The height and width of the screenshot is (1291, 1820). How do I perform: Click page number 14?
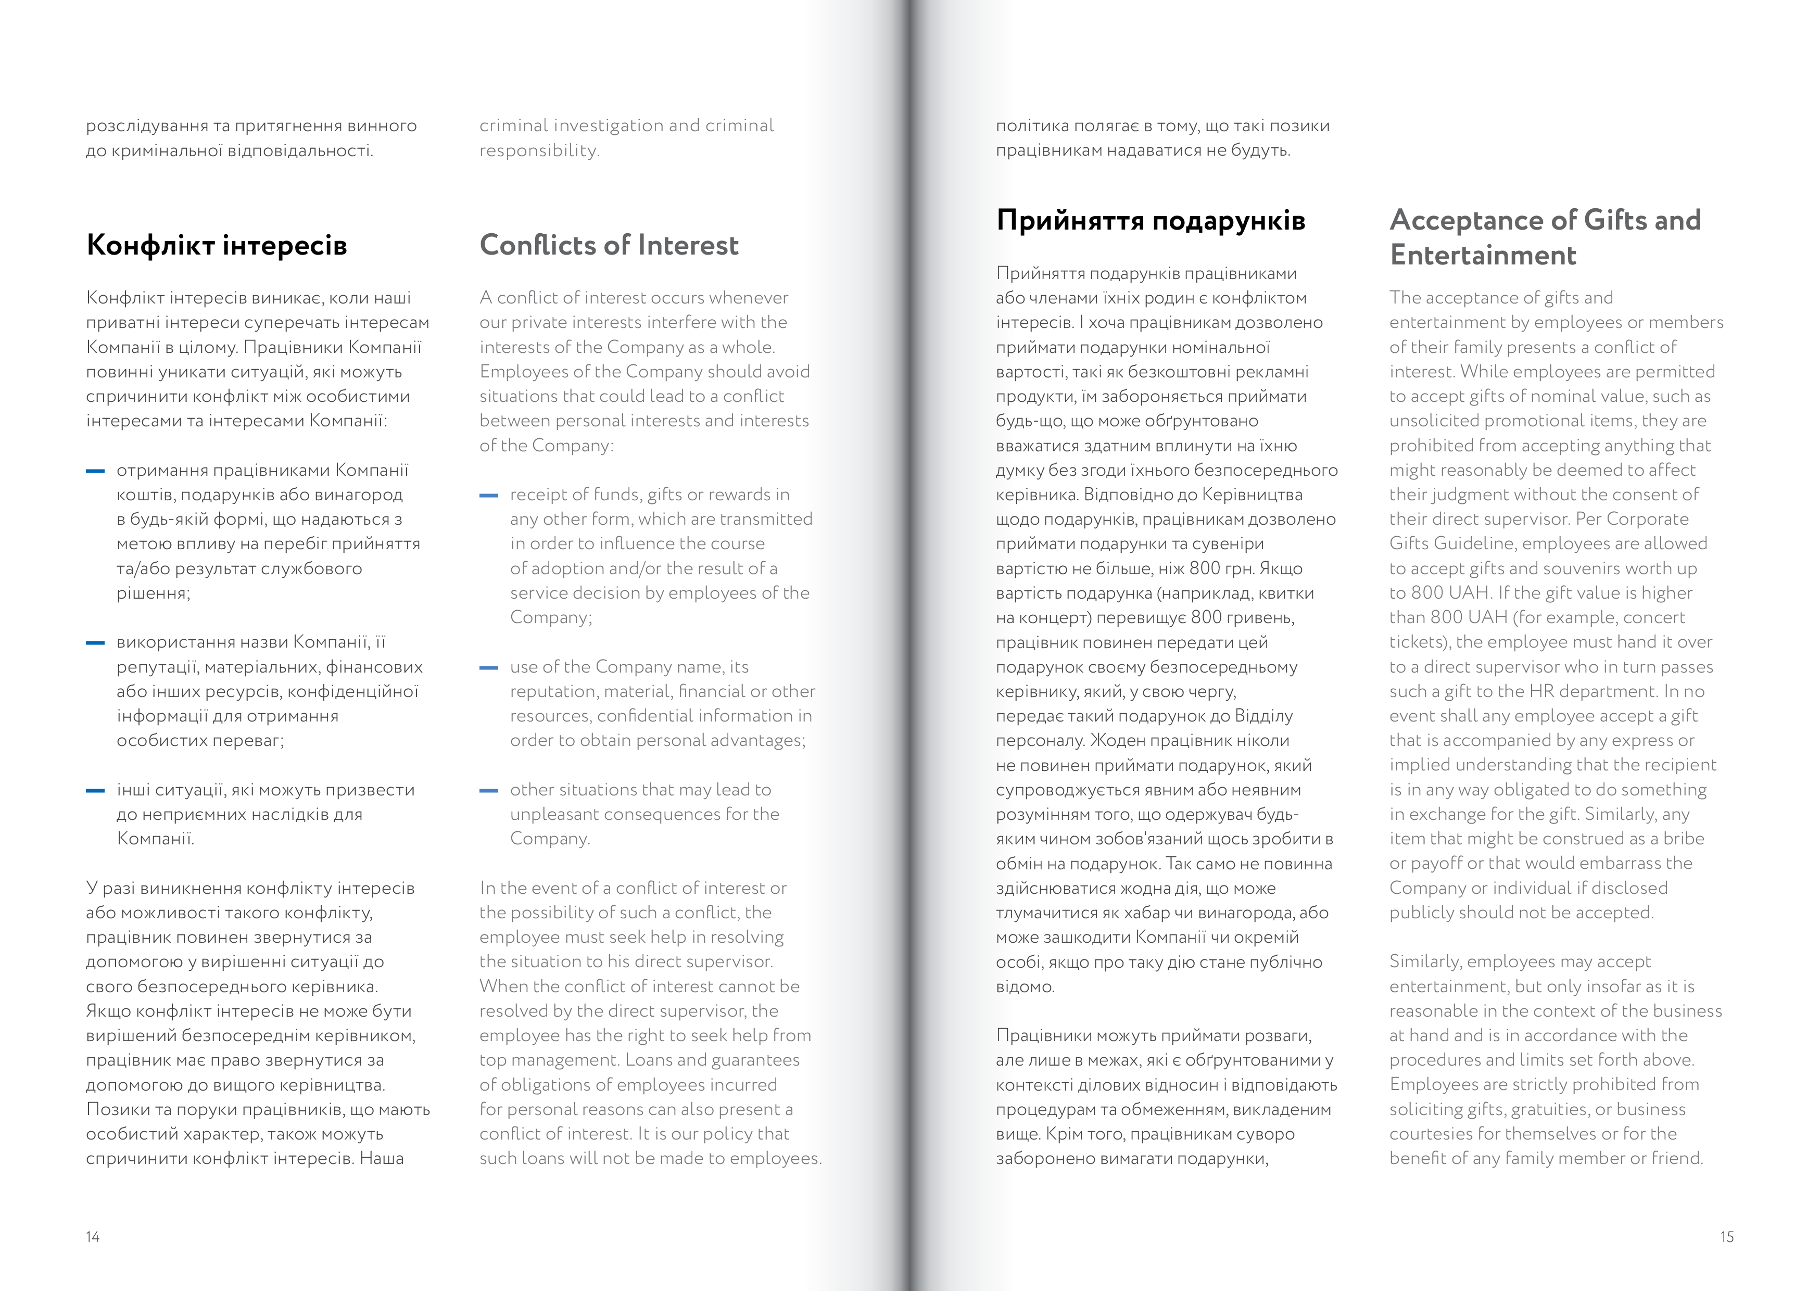pyautogui.click(x=92, y=1236)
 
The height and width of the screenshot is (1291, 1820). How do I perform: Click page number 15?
pyautogui.click(x=1726, y=1236)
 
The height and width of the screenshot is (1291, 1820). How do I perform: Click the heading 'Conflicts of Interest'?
pyautogui.click(x=609, y=245)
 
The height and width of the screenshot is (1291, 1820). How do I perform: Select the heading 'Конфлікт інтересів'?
pyautogui.click(x=216, y=245)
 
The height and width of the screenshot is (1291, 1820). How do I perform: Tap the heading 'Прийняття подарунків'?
pyautogui.click(x=1150, y=220)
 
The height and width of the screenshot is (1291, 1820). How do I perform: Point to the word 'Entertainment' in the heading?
pyautogui.click(x=1482, y=255)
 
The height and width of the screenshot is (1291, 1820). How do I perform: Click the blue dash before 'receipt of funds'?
pyautogui.click(x=489, y=495)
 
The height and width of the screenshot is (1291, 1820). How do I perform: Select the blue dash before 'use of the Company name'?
pyautogui.click(x=489, y=668)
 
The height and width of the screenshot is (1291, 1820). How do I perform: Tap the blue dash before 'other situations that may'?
pyautogui.click(x=489, y=791)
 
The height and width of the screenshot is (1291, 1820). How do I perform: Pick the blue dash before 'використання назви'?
pyautogui.click(x=95, y=643)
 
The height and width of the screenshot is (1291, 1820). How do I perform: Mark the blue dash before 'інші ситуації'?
pyautogui.click(x=95, y=791)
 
